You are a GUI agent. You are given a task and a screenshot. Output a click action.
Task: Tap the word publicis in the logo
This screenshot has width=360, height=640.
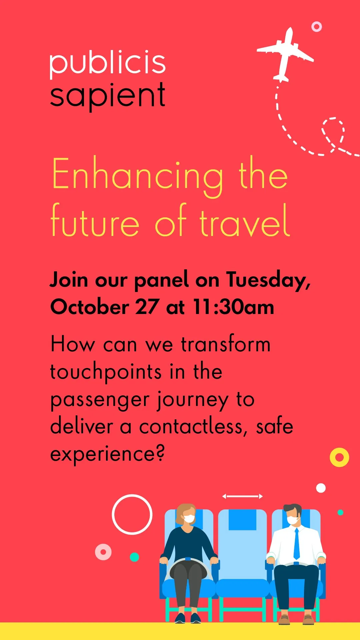(108, 63)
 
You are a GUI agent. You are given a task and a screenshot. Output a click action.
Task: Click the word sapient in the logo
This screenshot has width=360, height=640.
(108, 96)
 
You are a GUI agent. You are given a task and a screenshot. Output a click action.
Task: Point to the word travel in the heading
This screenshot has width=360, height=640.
(245, 221)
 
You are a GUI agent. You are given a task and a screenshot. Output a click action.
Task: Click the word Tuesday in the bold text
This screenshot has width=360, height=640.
(268, 280)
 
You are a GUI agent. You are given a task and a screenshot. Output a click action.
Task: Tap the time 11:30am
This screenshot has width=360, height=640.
(233, 307)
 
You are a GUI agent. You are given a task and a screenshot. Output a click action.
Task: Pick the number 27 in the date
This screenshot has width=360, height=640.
(147, 307)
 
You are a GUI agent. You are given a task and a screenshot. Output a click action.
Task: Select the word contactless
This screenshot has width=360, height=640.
(193, 427)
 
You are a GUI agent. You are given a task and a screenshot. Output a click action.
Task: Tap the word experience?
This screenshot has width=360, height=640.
(107, 454)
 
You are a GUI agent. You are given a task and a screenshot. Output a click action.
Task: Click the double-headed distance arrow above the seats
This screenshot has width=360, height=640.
(242, 496)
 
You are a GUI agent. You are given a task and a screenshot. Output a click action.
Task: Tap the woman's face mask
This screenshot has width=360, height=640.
(189, 519)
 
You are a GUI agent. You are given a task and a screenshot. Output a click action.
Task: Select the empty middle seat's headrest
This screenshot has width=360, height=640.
(242, 520)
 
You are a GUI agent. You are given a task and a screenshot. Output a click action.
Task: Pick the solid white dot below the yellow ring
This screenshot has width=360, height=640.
(321, 488)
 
